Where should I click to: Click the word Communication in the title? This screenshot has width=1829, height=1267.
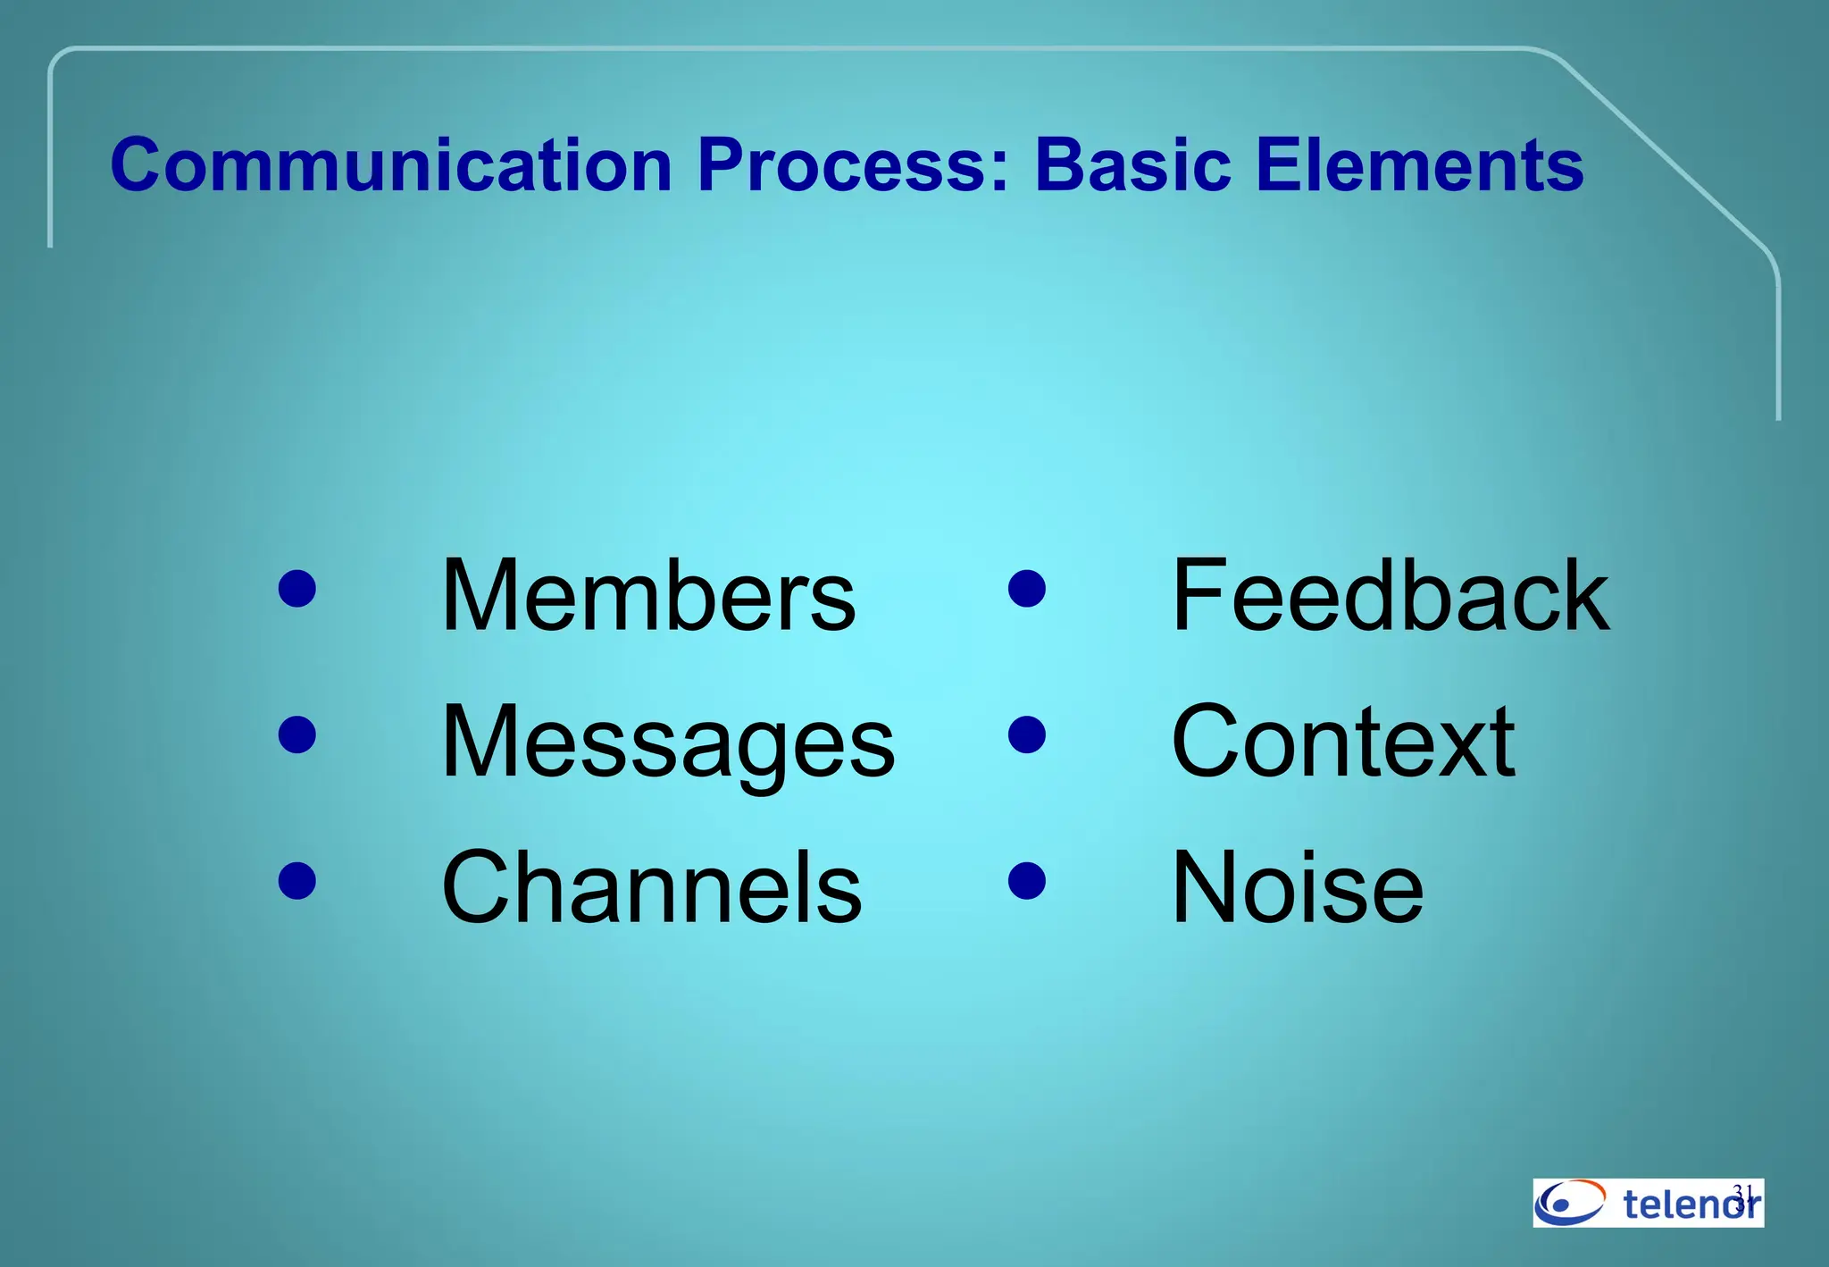point(390,165)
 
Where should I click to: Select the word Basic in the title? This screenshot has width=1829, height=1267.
point(1132,165)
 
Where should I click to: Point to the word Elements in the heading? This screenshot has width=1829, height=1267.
point(1420,165)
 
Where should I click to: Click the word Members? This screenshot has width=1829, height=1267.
point(648,595)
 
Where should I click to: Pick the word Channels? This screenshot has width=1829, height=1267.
point(652,887)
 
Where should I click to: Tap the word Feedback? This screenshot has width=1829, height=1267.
point(1391,595)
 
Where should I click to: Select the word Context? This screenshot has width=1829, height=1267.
point(1342,742)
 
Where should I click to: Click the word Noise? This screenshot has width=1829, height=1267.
point(1297,887)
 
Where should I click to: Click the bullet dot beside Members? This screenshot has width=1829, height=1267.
point(297,589)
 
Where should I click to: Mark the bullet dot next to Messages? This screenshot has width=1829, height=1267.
point(297,734)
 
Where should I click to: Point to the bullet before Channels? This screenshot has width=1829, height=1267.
point(297,880)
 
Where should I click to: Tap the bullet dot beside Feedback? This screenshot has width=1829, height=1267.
point(1027,589)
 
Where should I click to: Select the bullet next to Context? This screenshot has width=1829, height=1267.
point(1027,734)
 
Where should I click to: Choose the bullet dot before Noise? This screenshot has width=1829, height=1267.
point(1027,880)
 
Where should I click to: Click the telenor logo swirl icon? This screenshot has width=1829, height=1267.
point(1569,1203)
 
